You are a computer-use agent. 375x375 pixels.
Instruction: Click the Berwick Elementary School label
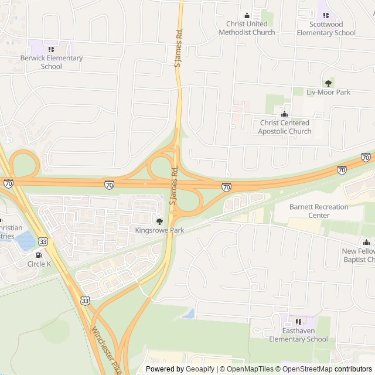(52, 62)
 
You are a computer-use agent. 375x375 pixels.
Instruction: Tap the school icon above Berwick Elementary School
(52, 49)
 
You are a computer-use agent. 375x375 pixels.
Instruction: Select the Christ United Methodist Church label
(247, 28)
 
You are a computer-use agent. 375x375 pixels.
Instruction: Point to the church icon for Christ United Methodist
(247, 16)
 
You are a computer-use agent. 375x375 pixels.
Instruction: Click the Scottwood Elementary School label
(326, 28)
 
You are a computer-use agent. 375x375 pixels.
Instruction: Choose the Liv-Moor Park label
(328, 92)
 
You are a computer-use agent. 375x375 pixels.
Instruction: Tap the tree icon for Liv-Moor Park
(328, 83)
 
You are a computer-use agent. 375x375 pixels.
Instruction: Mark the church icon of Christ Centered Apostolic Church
(284, 114)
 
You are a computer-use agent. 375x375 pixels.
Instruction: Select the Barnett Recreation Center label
(319, 211)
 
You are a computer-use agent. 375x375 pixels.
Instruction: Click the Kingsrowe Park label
(159, 230)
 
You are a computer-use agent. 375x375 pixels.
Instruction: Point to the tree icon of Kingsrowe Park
(159, 221)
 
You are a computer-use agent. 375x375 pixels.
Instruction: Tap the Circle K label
(39, 264)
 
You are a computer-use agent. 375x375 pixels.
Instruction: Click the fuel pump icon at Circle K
(39, 255)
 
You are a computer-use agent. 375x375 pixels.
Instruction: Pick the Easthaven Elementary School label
(298, 335)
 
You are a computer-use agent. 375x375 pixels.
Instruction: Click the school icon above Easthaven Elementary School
(298, 322)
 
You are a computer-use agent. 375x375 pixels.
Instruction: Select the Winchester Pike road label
(105, 350)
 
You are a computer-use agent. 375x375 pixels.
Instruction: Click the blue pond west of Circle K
(25, 239)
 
